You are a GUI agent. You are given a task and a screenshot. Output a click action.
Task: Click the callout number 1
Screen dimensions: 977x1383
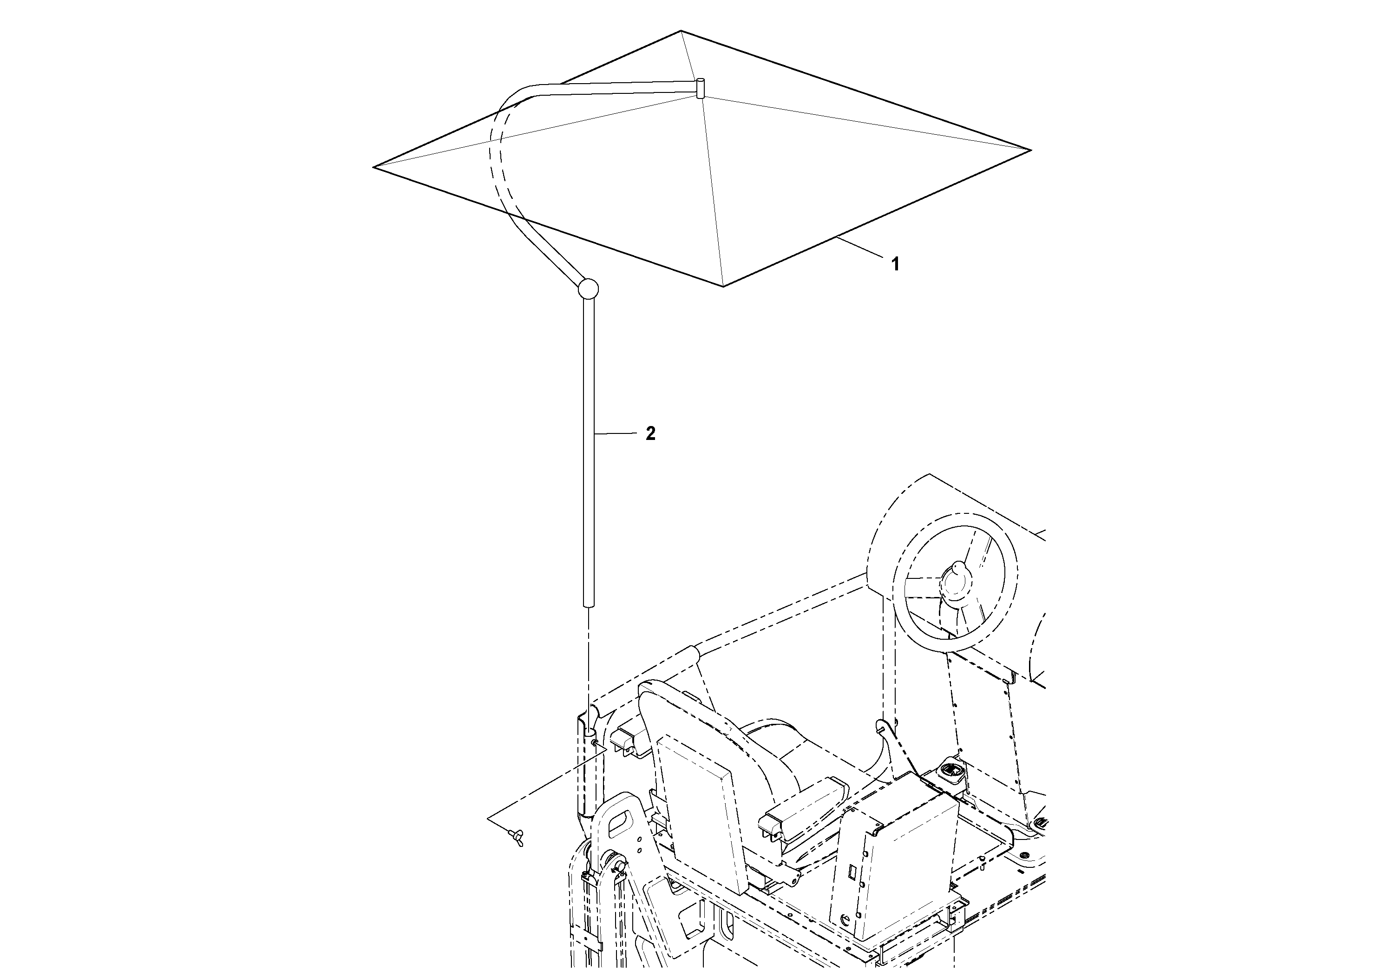click(895, 264)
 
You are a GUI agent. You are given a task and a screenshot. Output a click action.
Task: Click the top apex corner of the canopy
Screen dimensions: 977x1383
click(681, 31)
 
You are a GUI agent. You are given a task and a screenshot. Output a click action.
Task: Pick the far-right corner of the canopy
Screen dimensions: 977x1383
click(1030, 150)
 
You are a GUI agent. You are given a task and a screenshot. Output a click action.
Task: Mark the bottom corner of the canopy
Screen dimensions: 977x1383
click(723, 286)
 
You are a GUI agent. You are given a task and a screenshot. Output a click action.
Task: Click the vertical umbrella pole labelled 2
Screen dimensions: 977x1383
click(589, 452)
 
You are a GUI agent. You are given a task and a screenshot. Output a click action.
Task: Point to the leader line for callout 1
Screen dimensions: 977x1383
click(861, 250)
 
